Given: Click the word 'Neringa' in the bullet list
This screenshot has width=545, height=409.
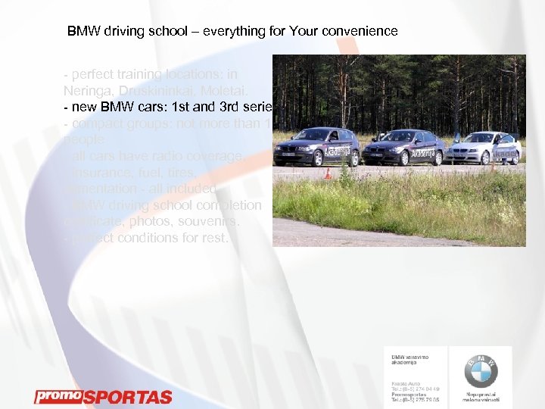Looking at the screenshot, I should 86,90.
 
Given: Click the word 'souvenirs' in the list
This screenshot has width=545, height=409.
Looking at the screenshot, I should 210,222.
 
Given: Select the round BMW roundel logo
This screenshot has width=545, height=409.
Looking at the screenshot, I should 481,371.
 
